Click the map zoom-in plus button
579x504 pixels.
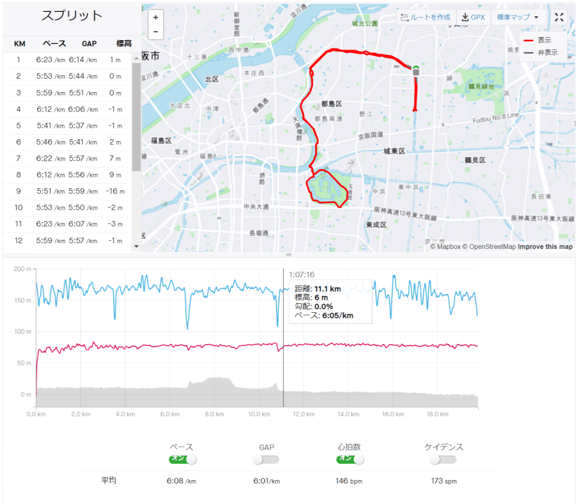(x=155, y=18)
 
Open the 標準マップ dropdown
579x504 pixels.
(x=517, y=18)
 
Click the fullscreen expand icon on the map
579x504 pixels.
(x=559, y=18)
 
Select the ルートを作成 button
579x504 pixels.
(x=425, y=18)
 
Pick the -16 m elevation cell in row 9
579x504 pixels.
(x=115, y=191)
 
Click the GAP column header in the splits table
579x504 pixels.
(x=89, y=44)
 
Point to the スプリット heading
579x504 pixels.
(x=72, y=16)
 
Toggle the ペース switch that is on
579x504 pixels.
(x=182, y=459)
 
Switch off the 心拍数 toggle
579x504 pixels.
(x=351, y=459)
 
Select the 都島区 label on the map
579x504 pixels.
(x=331, y=104)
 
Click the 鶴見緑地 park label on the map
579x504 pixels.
(x=481, y=87)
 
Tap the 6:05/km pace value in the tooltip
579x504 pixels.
(x=338, y=316)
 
